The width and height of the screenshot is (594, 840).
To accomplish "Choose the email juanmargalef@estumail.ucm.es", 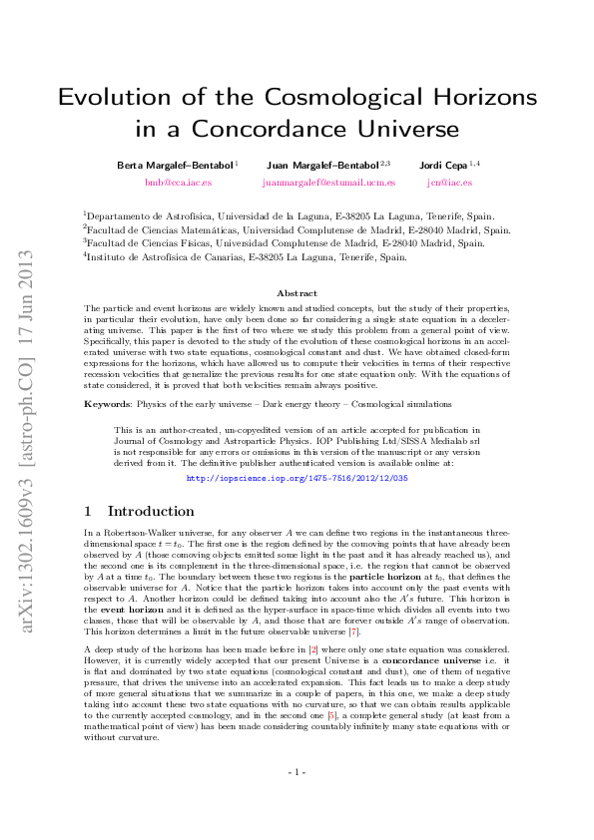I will coord(328,183).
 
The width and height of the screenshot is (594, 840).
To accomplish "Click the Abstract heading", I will coord(297,293).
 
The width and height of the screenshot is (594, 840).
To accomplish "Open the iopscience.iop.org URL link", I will coord(297,479).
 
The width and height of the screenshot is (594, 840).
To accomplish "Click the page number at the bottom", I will coord(297,772).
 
